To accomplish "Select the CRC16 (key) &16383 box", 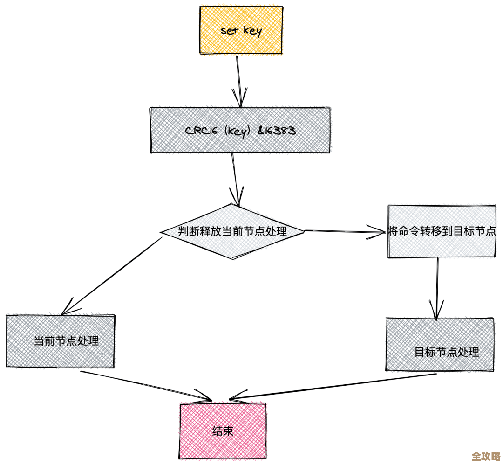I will [x=240, y=130].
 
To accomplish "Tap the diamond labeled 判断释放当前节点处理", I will [x=232, y=231].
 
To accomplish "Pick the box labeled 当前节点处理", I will [x=61, y=341].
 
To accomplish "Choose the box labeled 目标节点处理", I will [x=440, y=345].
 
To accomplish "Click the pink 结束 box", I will [x=223, y=431].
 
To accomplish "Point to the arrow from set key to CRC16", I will [x=239, y=79].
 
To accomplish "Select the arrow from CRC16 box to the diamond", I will [x=235, y=177].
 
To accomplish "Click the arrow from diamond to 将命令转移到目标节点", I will [x=345, y=231].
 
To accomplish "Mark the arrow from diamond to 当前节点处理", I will [x=112, y=275].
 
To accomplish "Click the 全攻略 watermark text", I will [x=486, y=456].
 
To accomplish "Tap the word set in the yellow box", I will [x=229, y=31].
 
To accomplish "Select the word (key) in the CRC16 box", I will [x=238, y=131].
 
